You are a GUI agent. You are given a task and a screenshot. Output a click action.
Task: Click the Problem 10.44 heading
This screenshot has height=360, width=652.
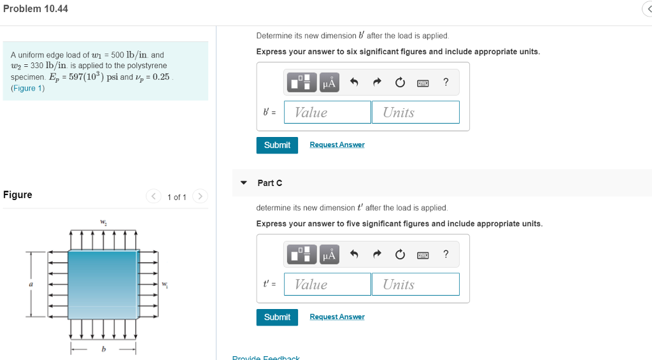click(x=36, y=9)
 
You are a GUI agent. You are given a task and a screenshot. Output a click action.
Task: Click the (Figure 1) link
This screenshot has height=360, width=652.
click(x=28, y=87)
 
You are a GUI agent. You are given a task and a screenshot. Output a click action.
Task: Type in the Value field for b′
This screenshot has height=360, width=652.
click(x=327, y=112)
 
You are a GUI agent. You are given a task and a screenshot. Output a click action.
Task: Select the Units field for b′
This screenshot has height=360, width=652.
click(x=415, y=112)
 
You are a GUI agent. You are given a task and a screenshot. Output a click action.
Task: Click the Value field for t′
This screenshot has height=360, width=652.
click(x=327, y=284)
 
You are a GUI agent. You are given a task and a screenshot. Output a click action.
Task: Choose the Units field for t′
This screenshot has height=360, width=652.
click(x=415, y=284)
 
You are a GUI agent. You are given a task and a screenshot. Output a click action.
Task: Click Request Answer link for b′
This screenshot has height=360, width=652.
click(x=337, y=145)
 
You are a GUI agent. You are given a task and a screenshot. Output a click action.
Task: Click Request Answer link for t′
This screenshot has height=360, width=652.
click(x=337, y=317)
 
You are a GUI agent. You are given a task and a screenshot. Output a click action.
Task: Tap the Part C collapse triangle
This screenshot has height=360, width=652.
click(x=243, y=183)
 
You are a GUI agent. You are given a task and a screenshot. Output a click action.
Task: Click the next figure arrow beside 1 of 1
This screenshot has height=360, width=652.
click(x=199, y=196)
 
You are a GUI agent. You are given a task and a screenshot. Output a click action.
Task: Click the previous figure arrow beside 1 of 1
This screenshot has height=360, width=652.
click(x=153, y=196)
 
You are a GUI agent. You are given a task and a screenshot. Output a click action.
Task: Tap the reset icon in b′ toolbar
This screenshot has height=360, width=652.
click(x=399, y=82)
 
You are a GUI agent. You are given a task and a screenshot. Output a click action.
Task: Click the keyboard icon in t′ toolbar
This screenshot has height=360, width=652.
click(x=422, y=255)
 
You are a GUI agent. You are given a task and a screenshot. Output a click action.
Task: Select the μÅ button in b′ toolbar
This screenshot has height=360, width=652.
click(x=329, y=82)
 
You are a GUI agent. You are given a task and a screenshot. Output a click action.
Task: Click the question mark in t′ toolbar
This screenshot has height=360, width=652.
click(x=446, y=254)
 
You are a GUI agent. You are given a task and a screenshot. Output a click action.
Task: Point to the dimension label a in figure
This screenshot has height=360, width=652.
click(x=30, y=283)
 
